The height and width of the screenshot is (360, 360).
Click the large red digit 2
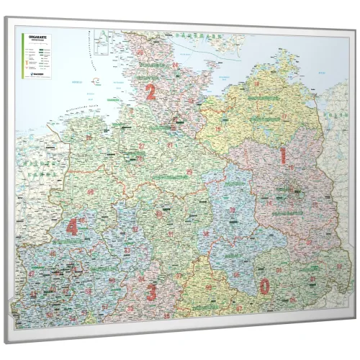click(x=150, y=91)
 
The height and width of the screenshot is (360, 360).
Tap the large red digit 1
click(x=283, y=156)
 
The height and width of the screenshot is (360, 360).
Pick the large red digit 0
click(x=264, y=287)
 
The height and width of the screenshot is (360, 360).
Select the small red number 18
click(x=256, y=85)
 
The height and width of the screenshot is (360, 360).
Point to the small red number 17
click(x=284, y=117)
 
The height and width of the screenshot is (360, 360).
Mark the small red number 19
click(x=218, y=130)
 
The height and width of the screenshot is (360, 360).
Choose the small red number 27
click(x=141, y=146)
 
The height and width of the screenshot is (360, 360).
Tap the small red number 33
click(x=127, y=251)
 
